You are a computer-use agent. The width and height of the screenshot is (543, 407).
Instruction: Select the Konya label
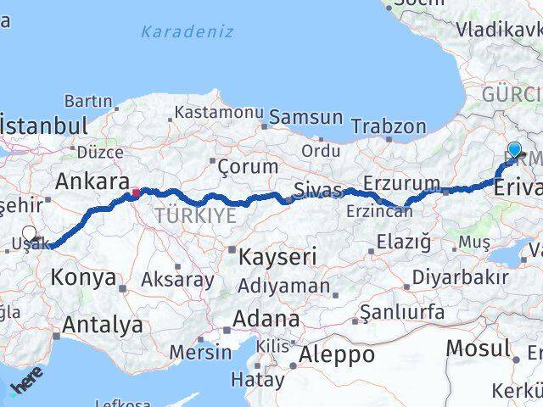[83, 276]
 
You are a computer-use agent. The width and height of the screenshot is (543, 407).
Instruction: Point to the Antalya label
[102, 324]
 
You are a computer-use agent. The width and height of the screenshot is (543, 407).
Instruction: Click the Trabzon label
[389, 126]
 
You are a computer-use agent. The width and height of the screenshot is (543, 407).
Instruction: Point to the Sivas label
[318, 189]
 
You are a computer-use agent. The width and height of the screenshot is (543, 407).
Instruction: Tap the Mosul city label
[478, 348]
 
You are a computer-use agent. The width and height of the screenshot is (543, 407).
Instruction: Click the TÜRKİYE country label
[195, 216]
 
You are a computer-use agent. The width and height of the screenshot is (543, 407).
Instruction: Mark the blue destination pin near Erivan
[514, 151]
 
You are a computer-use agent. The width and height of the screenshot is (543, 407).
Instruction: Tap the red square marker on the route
[135, 192]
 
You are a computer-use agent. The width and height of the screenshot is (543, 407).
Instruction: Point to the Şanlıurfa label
[401, 313]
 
